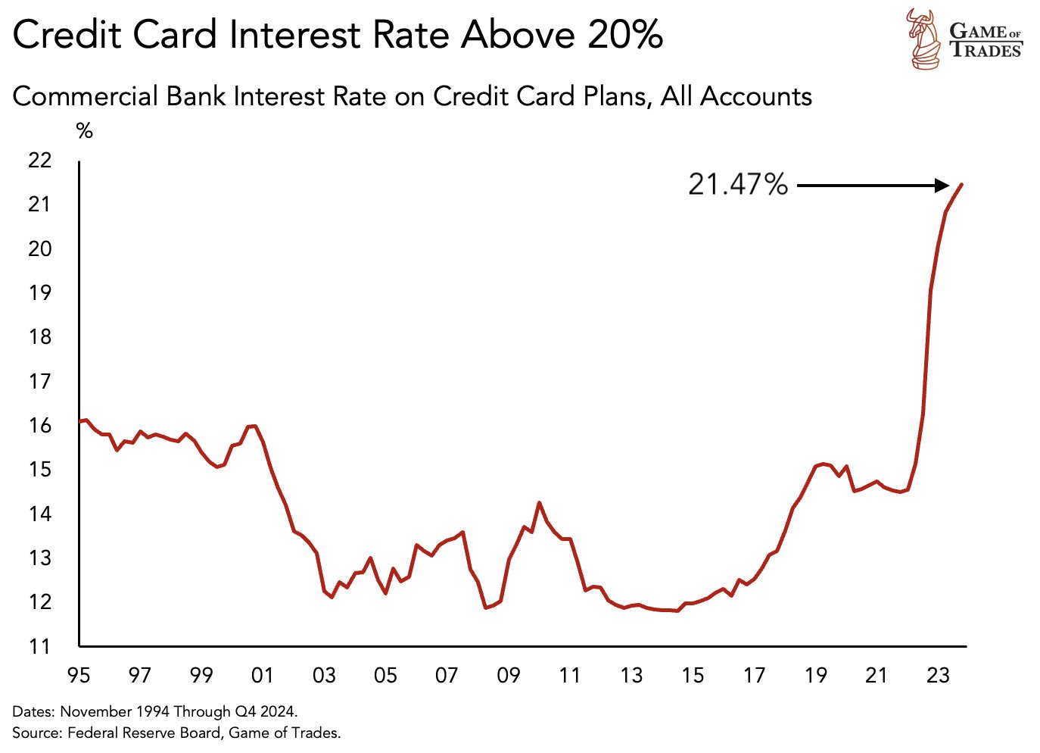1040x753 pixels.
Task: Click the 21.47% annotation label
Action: point(737,184)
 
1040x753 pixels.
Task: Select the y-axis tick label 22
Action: point(39,160)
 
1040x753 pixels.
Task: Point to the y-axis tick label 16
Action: point(39,425)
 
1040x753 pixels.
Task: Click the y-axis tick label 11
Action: point(39,646)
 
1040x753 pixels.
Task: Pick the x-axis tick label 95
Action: point(79,675)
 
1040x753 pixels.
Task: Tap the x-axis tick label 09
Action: point(508,675)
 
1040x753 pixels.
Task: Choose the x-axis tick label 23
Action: point(937,675)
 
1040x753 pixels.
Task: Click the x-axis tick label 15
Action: point(692,675)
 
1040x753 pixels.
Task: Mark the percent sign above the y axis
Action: point(85,131)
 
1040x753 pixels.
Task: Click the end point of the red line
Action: point(961,184)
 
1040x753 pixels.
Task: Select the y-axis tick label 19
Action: point(39,292)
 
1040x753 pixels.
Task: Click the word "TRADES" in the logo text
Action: point(986,50)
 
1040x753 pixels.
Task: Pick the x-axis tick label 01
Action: point(263,675)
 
